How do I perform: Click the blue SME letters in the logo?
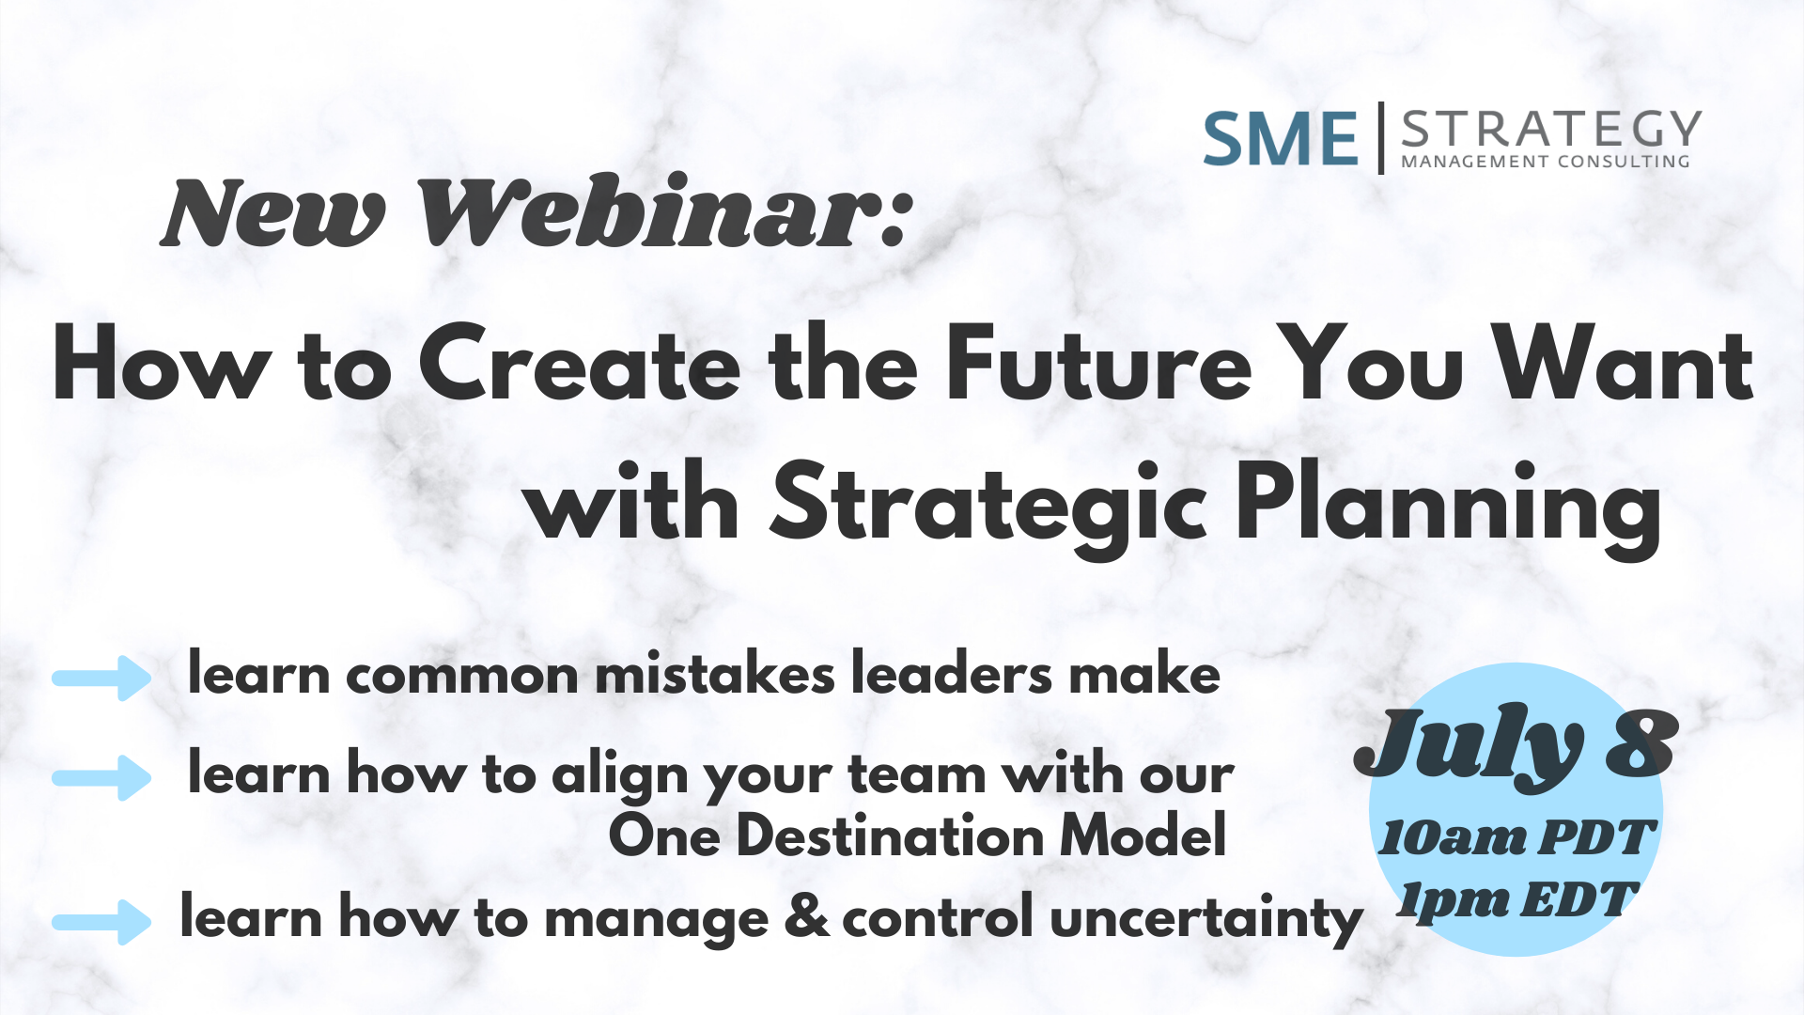tap(1281, 138)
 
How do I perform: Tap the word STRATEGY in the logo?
tap(1551, 129)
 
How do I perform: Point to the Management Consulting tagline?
tap(1546, 162)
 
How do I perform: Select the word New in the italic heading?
tap(273, 214)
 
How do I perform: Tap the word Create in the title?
tap(580, 365)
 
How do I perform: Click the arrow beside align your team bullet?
tap(101, 778)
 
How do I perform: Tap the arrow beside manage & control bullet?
tap(101, 922)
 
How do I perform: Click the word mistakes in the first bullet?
tap(715, 674)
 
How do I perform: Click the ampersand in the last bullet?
tap(806, 916)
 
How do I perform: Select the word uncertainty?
tap(1205, 920)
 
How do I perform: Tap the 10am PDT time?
tap(1516, 837)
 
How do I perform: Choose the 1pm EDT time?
tap(1516, 900)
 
